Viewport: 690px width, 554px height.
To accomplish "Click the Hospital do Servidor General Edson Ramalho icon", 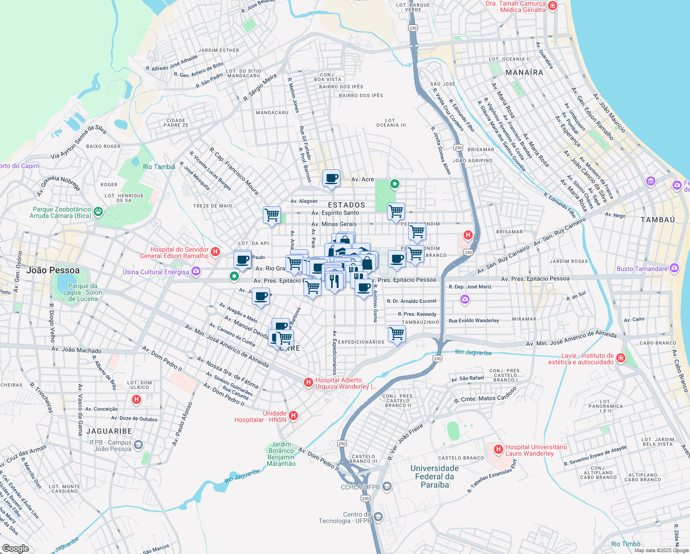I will pyautogui.click(x=215, y=252).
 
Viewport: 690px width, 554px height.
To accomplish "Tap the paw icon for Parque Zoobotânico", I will pyautogui.click(x=98, y=211).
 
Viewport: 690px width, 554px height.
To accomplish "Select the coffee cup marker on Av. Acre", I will pyautogui.click(x=331, y=178).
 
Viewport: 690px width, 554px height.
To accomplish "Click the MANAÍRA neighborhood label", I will pyautogui.click(x=524, y=72).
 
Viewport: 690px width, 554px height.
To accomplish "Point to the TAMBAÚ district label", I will pyautogui.click(x=657, y=220).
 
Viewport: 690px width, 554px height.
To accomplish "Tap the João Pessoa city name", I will pyautogui.click(x=53, y=271).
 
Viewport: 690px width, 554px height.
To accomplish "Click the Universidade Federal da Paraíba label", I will pyautogui.click(x=434, y=476).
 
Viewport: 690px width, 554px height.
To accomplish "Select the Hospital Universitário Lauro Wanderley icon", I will pyautogui.click(x=498, y=449).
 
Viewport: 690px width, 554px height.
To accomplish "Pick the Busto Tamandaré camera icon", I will pyautogui.click(x=674, y=268).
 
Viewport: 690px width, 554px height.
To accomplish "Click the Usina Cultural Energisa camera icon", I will pyautogui.click(x=196, y=271).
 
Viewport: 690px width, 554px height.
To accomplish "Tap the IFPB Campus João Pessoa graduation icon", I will pyautogui.click(x=138, y=445).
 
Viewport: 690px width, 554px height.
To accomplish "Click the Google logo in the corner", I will pyautogui.click(x=16, y=548).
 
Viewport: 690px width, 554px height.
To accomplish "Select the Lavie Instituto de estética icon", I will pyautogui.click(x=621, y=358).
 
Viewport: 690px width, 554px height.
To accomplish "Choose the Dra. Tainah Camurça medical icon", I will pyautogui.click(x=553, y=6).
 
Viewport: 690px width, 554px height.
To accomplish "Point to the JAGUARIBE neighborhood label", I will pyautogui.click(x=109, y=431).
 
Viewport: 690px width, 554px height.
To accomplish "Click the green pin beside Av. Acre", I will pyautogui.click(x=394, y=184).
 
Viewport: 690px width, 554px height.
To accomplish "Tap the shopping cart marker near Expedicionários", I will pyautogui.click(x=397, y=333).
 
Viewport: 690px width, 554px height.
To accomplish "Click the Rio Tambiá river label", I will pyautogui.click(x=159, y=167).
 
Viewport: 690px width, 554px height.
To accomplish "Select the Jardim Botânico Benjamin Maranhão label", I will pyautogui.click(x=281, y=454).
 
